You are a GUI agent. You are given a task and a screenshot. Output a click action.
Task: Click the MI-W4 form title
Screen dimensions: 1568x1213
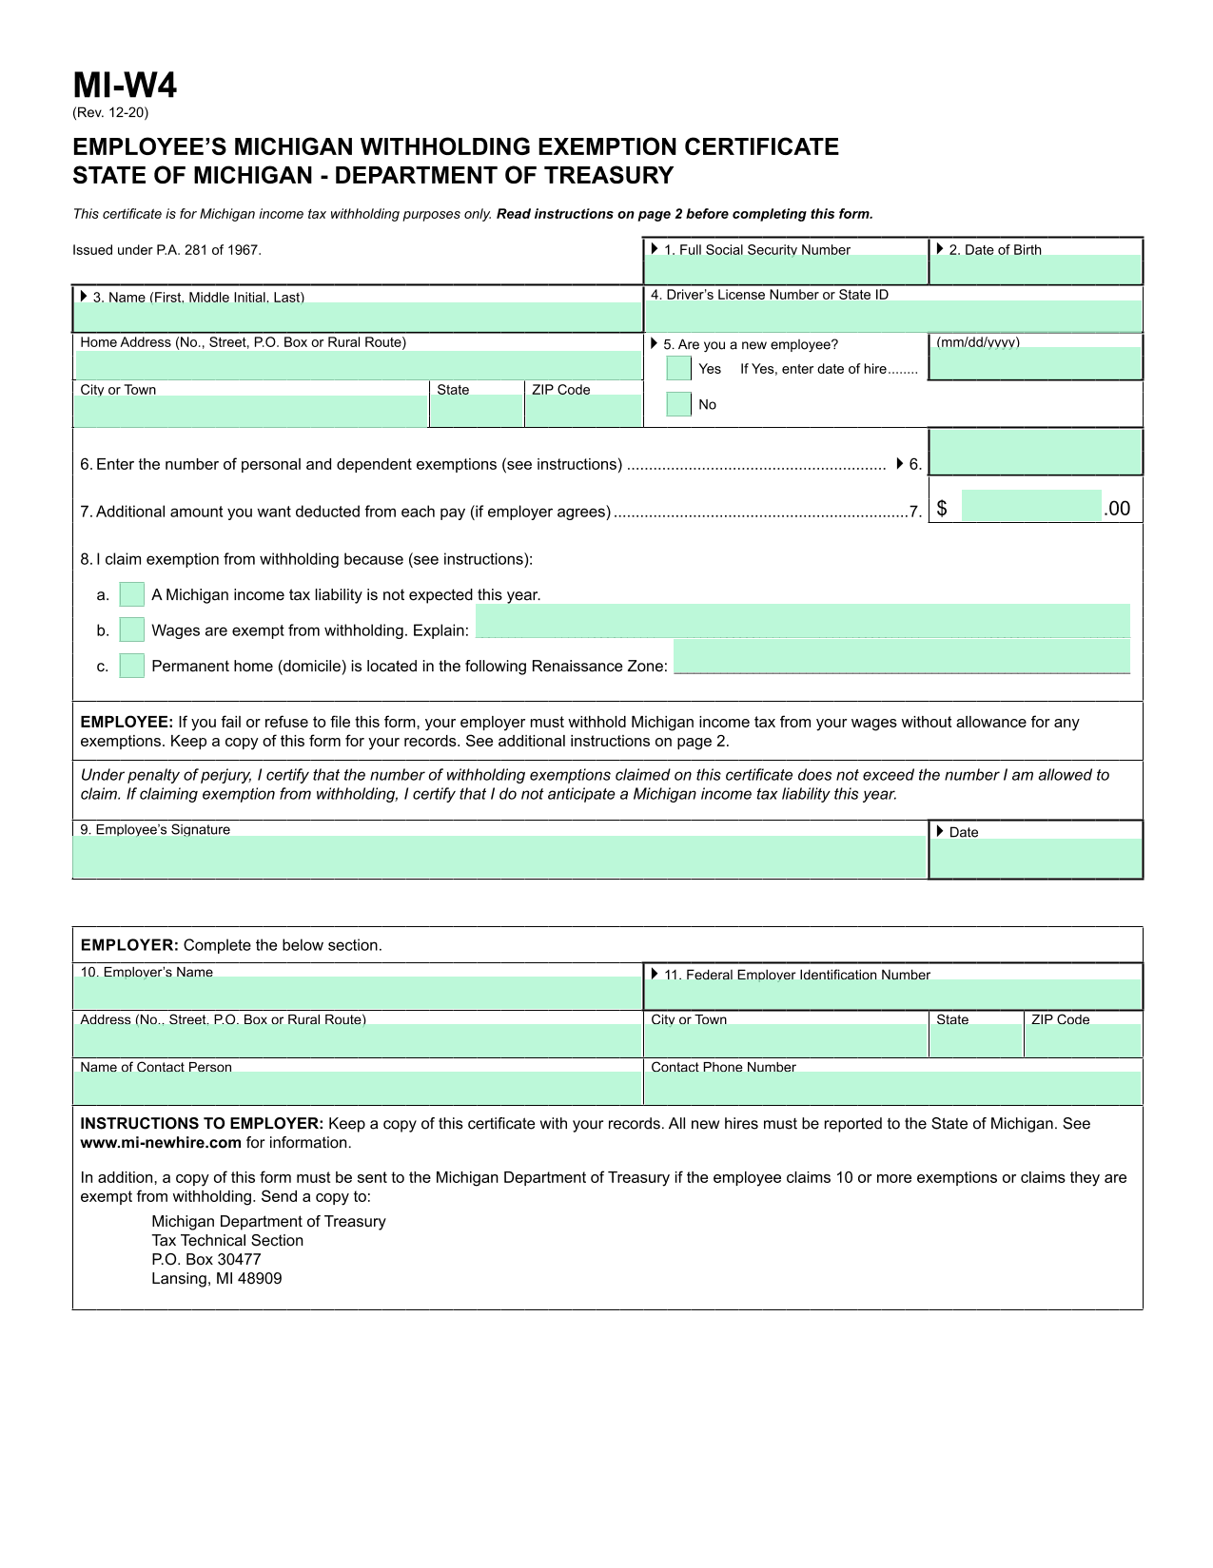[x=125, y=86]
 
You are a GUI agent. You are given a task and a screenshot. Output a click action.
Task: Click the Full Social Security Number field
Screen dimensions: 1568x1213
[x=786, y=270]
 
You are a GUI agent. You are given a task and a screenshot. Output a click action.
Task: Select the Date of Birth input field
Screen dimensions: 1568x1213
[x=1035, y=270]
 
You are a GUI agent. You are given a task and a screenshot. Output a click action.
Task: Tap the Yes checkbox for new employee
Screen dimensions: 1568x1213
[x=679, y=368]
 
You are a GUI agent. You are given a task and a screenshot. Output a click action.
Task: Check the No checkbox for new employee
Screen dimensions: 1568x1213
[x=679, y=404]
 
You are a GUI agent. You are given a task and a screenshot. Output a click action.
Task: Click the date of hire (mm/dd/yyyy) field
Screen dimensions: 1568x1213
[x=1035, y=363]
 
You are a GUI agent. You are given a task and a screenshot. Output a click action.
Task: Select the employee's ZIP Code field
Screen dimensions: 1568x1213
[x=583, y=411]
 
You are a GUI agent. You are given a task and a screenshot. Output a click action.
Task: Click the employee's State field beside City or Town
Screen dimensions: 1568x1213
[x=477, y=411]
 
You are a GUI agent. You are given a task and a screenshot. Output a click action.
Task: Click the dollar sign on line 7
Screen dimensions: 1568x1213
[x=942, y=509]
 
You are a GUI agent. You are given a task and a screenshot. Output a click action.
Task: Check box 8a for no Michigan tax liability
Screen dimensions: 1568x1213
[x=132, y=594]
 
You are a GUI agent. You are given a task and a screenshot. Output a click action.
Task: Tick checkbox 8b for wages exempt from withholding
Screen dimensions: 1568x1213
[x=132, y=629]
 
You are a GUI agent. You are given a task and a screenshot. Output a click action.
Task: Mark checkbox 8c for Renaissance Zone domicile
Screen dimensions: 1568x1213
[x=132, y=666]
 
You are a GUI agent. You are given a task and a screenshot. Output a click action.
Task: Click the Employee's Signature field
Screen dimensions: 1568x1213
[x=499, y=857]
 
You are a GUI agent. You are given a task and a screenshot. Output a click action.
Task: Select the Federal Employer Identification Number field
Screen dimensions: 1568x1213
[x=892, y=995]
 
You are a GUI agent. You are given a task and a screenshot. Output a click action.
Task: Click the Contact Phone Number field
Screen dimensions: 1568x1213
[x=892, y=1088]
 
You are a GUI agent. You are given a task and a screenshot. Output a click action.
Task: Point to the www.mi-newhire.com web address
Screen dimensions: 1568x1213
[x=161, y=1142]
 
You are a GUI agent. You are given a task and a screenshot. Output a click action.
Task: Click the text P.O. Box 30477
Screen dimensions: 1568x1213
[x=205, y=1259]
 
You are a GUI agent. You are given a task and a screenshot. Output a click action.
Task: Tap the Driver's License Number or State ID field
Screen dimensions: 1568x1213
[x=892, y=317]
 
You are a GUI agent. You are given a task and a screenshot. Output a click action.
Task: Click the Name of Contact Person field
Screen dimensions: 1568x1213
[x=358, y=1088]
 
